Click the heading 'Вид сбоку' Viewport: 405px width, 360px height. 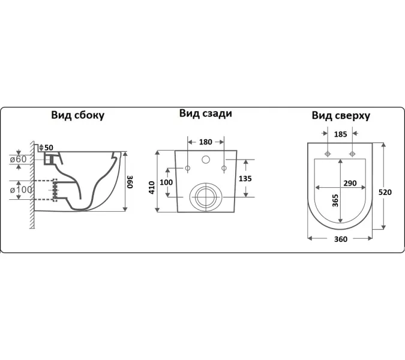pos(77,115)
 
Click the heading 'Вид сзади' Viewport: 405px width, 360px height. pos(205,113)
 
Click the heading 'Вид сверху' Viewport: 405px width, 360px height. pos(340,115)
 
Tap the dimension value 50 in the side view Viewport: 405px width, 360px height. pos(49,148)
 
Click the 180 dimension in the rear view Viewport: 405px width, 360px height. pos(206,142)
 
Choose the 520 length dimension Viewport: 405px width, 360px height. pos(385,192)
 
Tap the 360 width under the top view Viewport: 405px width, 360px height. pos(340,239)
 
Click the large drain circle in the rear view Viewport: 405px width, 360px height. pos(205,197)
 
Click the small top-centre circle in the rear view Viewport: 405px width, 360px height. pos(206,160)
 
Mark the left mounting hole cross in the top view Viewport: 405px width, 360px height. pos(327,154)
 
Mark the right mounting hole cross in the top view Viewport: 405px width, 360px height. pos(353,154)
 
